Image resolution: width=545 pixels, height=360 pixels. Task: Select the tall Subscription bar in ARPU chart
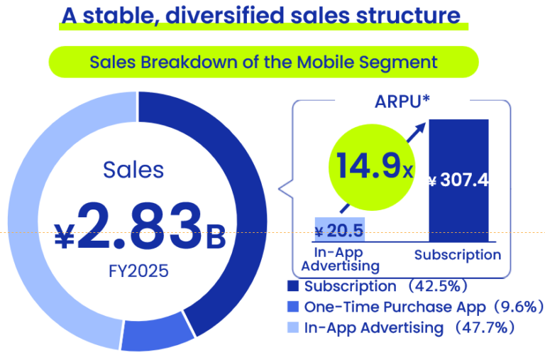coord(458,213)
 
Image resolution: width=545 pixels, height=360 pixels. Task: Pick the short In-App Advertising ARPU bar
coord(338,229)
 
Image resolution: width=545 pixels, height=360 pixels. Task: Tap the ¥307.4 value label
coord(458,180)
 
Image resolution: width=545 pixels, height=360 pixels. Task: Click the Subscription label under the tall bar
coord(458,255)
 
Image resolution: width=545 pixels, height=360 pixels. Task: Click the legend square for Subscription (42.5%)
coord(293,287)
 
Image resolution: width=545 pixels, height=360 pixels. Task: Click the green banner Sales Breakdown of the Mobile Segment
coord(263,62)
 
